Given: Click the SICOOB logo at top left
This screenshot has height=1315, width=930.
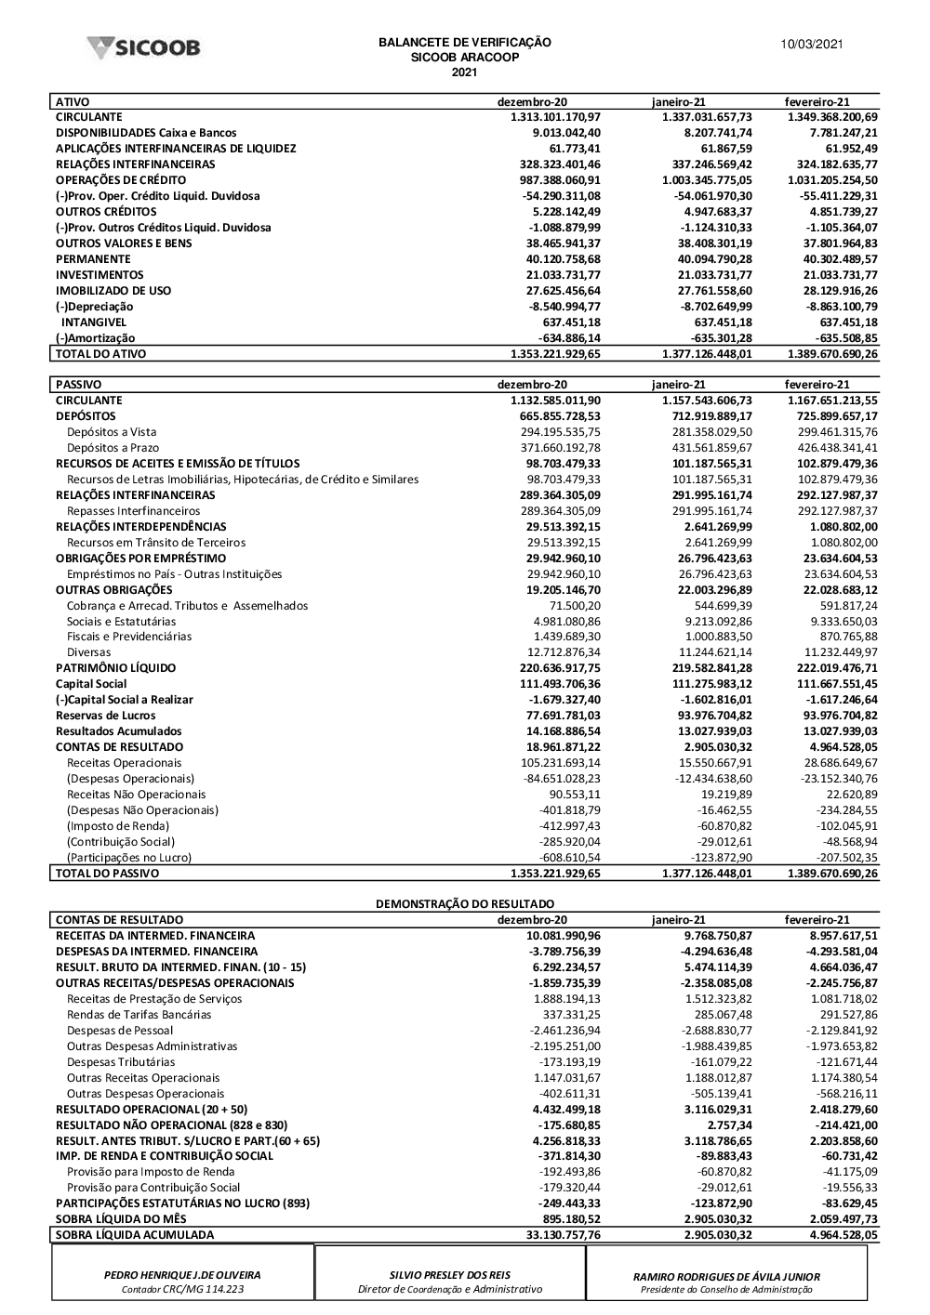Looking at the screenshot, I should [143, 48].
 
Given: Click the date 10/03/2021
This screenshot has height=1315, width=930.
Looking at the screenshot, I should [812, 45].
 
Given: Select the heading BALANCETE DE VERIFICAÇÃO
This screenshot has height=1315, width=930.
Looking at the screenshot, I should [464, 43].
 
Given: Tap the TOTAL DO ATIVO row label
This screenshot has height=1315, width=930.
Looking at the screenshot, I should [100, 354].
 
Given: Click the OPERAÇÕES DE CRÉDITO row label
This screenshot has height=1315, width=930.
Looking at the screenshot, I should [121, 180].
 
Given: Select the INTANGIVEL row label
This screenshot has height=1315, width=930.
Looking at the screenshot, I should [94, 322].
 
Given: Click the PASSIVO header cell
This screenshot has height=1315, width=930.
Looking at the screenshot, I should [79, 385].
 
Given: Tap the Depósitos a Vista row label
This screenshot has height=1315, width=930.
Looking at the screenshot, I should [112, 432].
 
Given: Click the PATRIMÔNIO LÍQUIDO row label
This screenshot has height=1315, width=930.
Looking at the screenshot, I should [115, 668].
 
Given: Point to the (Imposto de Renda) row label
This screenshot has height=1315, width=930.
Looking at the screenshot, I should [118, 826].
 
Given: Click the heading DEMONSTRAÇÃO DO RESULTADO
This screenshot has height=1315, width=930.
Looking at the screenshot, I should [464, 904].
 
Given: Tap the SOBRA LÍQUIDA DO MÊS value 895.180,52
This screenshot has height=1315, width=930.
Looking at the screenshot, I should [567, 1219].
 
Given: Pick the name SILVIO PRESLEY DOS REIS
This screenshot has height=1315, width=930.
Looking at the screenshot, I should [450, 1276].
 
